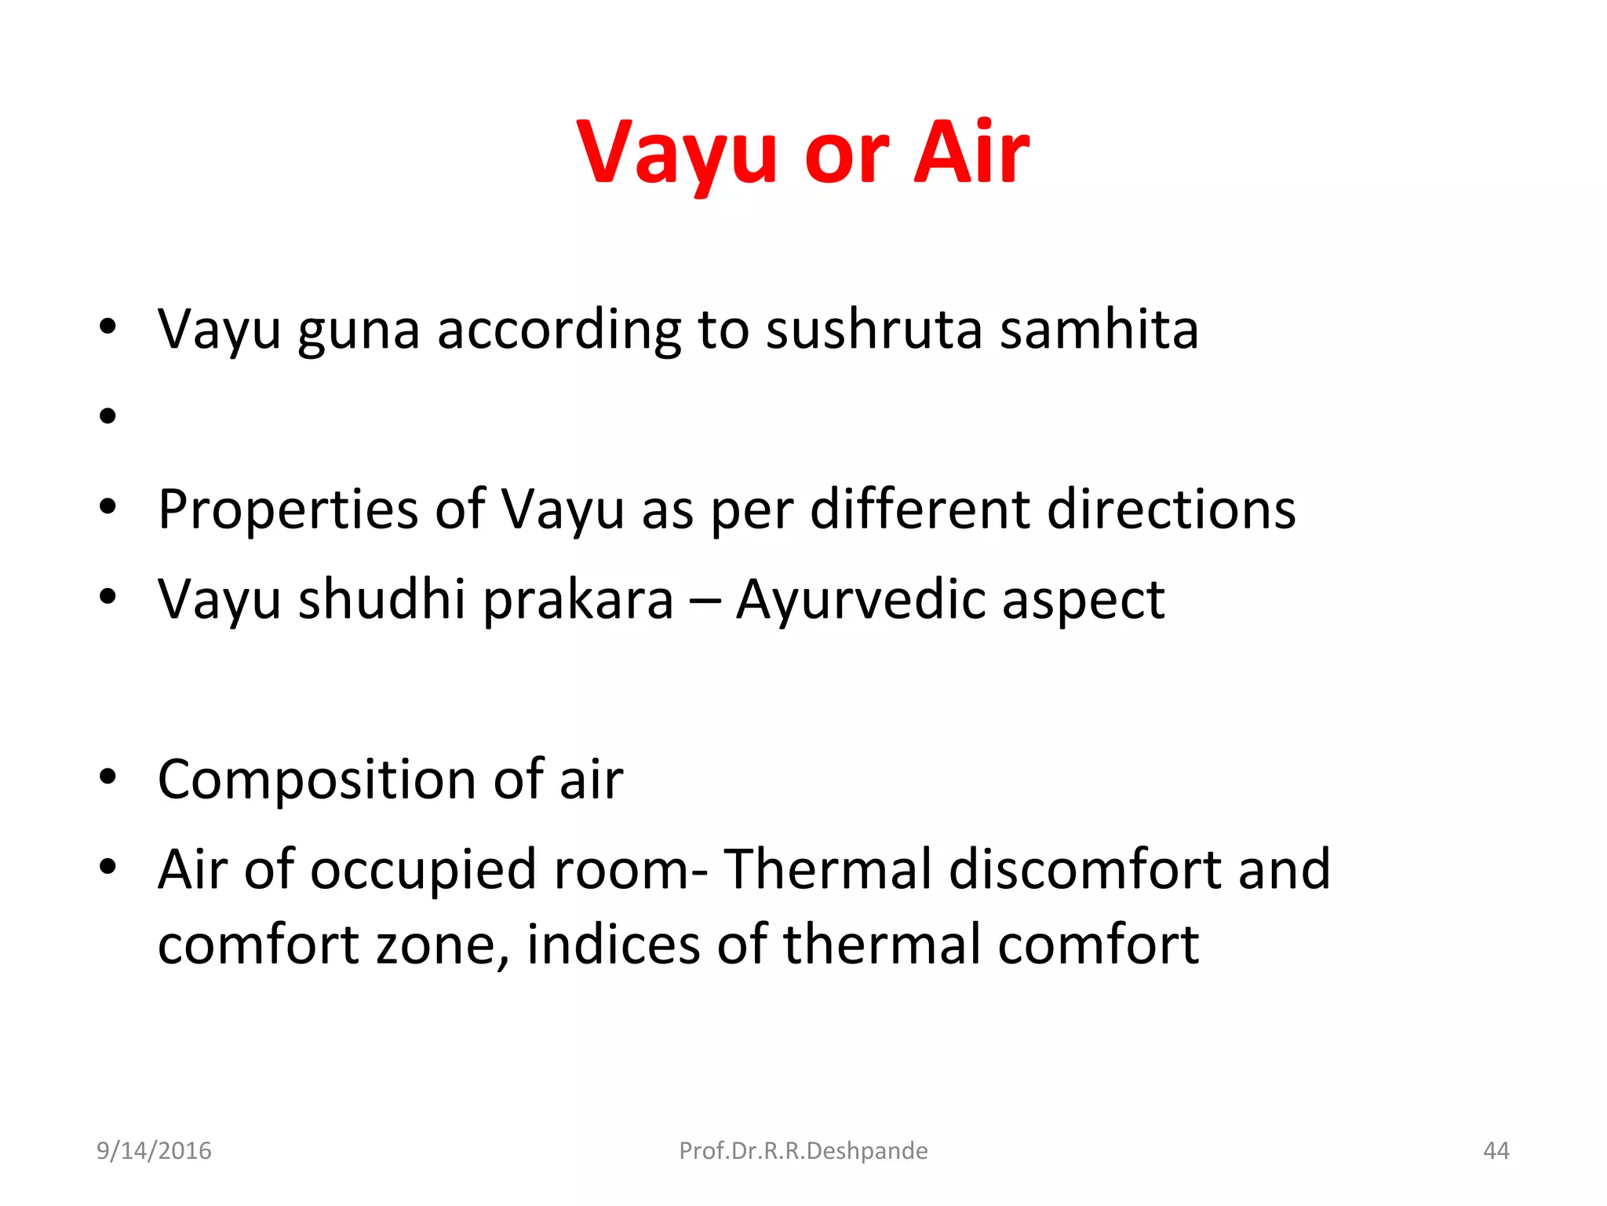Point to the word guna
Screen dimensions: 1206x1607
tap(359, 331)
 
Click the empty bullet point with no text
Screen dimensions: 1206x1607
tap(108, 415)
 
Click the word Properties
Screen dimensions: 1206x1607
tap(288, 510)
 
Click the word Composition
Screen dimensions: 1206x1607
tap(317, 780)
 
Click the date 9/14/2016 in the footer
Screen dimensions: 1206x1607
tap(154, 1150)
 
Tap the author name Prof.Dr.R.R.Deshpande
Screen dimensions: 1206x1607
tap(803, 1150)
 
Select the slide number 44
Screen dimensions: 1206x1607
tap(1496, 1150)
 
